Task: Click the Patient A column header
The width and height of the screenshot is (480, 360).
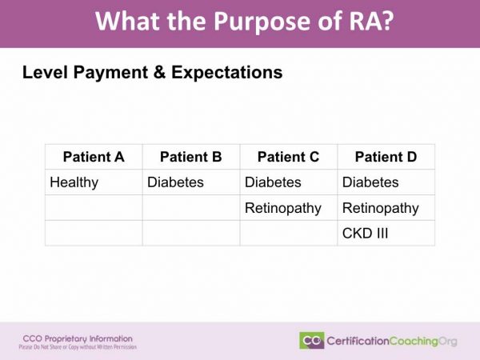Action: (x=94, y=157)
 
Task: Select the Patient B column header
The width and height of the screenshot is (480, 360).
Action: (x=190, y=157)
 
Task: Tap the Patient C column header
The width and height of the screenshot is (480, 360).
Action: (x=288, y=157)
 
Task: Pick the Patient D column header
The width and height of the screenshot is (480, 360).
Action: (x=386, y=157)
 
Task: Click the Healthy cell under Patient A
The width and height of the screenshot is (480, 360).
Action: (x=74, y=182)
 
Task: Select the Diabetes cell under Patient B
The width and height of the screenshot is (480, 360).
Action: (x=175, y=182)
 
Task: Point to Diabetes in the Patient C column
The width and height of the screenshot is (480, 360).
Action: (x=273, y=182)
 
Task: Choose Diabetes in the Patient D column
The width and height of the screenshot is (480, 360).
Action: (x=370, y=182)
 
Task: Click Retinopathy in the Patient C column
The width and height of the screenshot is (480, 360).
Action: (x=283, y=208)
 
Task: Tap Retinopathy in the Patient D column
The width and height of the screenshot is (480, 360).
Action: (x=381, y=208)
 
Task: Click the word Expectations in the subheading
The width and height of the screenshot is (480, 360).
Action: (x=226, y=73)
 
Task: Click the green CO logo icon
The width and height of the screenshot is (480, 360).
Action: (x=311, y=341)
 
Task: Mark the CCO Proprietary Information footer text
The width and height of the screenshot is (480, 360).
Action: (x=78, y=338)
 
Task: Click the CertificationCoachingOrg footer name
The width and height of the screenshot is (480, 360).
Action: (x=392, y=341)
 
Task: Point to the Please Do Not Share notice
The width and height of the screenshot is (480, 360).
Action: (x=78, y=347)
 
